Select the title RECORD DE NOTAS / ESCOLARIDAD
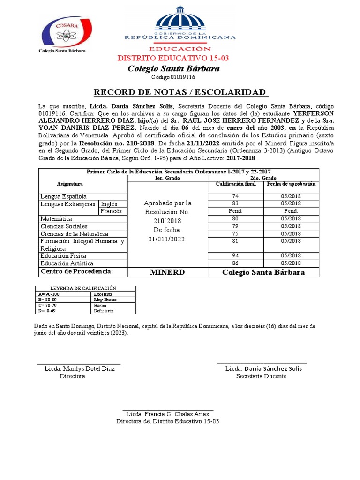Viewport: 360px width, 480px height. pos(180,92)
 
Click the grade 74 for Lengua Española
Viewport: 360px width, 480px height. pos(235,196)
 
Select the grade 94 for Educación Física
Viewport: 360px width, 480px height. pos(235,255)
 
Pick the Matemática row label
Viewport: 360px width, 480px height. pos(56,219)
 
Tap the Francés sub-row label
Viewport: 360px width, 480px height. pos(111,211)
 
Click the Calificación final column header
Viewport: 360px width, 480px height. pos(235,184)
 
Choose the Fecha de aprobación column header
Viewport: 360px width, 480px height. pos(291,184)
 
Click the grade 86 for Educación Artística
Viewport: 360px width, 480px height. pos(235,263)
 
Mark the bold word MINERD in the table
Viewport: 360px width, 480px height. pos(167,272)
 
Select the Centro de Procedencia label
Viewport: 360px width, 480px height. pos(77,272)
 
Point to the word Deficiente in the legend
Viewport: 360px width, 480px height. pos(104,311)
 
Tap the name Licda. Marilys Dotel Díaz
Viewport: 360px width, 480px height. pos(80,369)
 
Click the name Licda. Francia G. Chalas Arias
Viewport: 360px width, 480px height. pos(167,414)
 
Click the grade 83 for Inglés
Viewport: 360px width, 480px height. pos(235,204)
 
